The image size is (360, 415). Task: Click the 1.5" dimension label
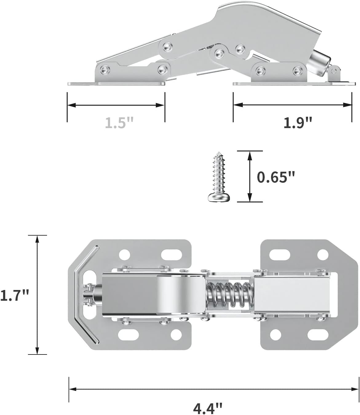click(x=119, y=123)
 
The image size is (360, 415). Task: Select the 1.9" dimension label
click(x=297, y=123)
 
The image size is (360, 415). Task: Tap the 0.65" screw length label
click(x=276, y=177)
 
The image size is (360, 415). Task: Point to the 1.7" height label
click(x=14, y=295)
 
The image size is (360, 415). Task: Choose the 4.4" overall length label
click(x=208, y=407)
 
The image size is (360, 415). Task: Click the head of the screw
click(x=219, y=198)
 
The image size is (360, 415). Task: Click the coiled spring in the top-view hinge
click(x=229, y=295)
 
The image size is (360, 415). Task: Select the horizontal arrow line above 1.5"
click(x=116, y=105)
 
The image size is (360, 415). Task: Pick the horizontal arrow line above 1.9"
click(x=292, y=105)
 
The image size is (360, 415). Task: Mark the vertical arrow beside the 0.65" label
click(x=250, y=177)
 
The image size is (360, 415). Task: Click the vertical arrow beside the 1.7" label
click(x=37, y=295)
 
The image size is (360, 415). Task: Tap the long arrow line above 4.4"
click(x=214, y=389)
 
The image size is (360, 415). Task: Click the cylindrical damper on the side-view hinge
click(x=319, y=64)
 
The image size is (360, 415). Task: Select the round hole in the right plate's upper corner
click(x=322, y=254)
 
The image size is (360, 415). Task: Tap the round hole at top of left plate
click(x=125, y=254)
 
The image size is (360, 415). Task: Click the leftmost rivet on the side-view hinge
click(x=106, y=69)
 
